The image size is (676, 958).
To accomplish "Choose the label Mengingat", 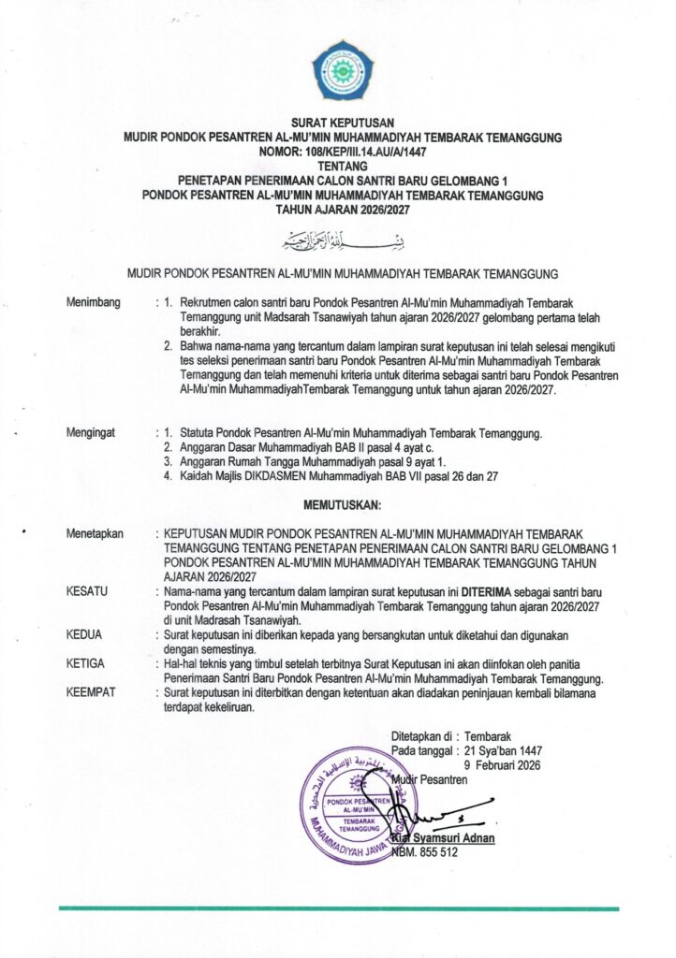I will [94, 434].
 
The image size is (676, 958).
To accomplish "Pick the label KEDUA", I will [85, 634].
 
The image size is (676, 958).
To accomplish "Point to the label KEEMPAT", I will [93, 691].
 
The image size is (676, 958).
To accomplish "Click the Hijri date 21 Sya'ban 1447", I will [506, 750].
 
